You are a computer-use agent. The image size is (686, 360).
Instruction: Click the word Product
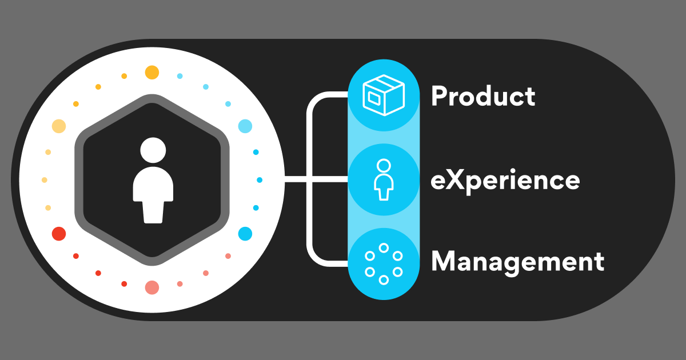(x=483, y=97)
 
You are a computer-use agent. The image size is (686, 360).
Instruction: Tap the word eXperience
(x=505, y=181)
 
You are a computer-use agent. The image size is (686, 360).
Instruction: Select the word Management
(x=517, y=261)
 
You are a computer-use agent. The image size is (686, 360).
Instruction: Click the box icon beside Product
(x=384, y=95)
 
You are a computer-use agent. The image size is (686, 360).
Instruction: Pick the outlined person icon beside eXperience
(x=384, y=179)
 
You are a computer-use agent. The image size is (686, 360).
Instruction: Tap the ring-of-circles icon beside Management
(x=384, y=263)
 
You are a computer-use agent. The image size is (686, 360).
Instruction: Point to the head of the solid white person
(x=153, y=150)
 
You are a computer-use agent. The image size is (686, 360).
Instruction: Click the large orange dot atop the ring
(x=151, y=73)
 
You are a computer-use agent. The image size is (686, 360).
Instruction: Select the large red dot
(x=59, y=233)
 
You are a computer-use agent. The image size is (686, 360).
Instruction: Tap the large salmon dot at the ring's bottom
(x=151, y=287)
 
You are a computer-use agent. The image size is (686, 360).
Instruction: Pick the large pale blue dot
(x=245, y=126)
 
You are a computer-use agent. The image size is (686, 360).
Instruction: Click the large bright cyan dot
(x=245, y=233)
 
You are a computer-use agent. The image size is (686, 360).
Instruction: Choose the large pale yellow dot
(x=59, y=126)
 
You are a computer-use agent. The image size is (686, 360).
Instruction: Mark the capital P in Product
(x=438, y=97)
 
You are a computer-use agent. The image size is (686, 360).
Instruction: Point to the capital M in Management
(x=444, y=261)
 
